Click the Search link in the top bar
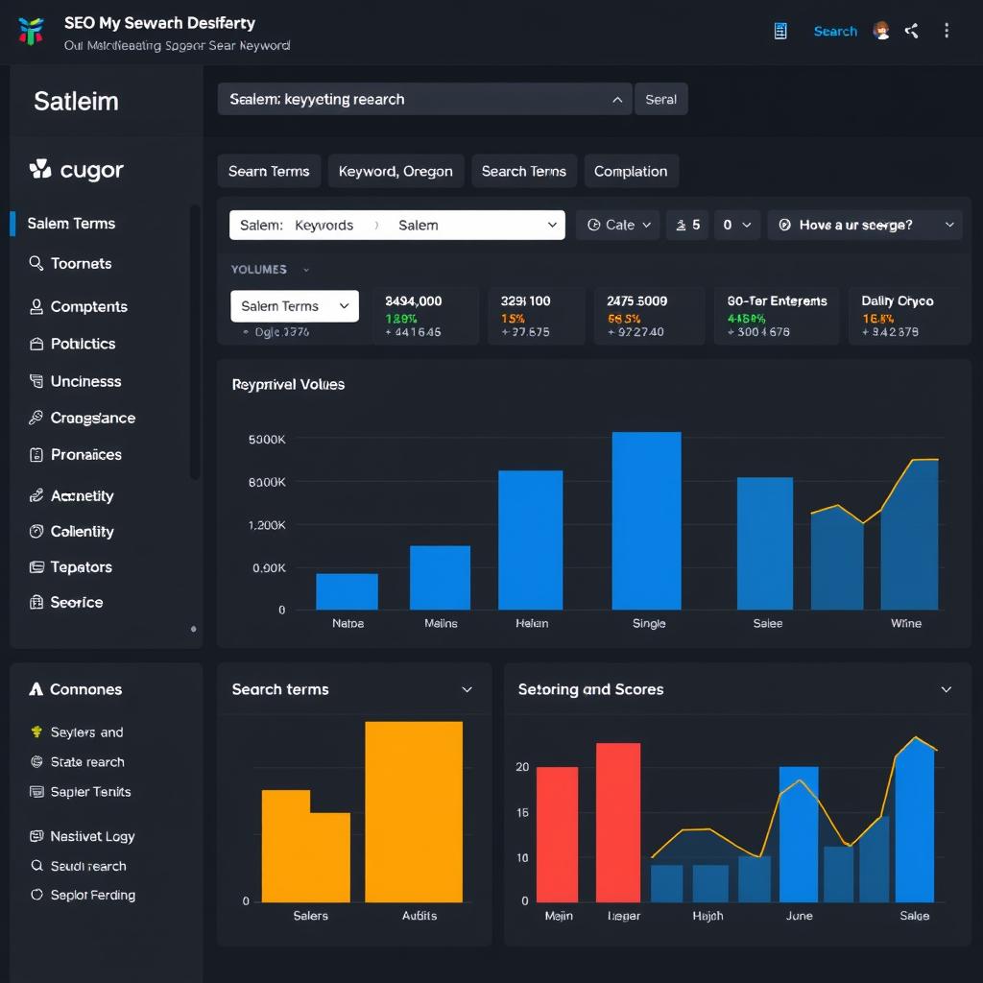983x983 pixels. (834, 31)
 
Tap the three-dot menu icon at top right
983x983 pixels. (947, 31)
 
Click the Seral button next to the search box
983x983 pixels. (660, 99)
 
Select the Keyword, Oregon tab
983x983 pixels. (396, 171)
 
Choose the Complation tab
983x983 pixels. (630, 171)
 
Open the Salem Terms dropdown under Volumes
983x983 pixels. (295, 306)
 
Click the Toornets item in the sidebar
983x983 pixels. (81, 263)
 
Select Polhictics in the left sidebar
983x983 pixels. (83, 344)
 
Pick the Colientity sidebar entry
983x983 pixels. (82, 531)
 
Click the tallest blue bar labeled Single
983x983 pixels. (646, 520)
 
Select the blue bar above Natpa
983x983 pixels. (347, 591)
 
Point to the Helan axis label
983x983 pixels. (532, 623)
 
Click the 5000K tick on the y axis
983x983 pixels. (267, 439)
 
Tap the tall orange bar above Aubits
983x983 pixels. (414, 811)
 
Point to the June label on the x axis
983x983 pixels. (799, 916)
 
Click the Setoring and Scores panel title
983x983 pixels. (590, 689)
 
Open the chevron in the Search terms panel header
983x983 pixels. (467, 689)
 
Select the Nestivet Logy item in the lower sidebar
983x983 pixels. (92, 836)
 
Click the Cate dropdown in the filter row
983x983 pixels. (619, 225)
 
